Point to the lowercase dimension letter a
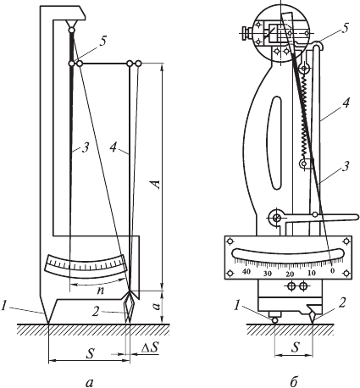(x=158, y=306)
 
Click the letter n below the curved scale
(x=100, y=291)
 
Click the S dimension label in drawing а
(x=90, y=353)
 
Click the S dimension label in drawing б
(x=295, y=347)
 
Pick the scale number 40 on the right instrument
(x=246, y=272)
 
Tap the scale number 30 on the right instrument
(x=268, y=274)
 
